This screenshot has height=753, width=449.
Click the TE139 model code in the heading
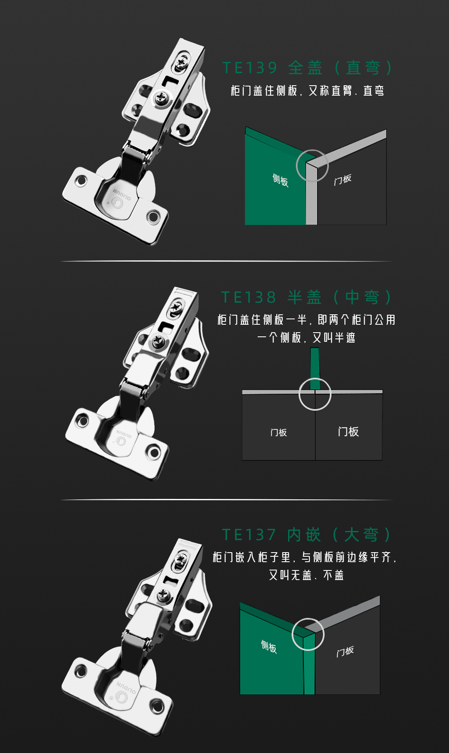tap(250, 68)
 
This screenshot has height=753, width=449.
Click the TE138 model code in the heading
tap(249, 297)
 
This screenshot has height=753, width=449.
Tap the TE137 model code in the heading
tap(249, 535)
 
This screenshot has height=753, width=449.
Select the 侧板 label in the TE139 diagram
tap(281, 180)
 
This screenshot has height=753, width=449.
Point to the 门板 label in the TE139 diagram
tap(343, 180)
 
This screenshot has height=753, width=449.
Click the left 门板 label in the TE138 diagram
tap(279, 432)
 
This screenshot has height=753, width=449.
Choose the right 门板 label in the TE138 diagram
tap(348, 432)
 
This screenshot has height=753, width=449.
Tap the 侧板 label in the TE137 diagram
tap(269, 647)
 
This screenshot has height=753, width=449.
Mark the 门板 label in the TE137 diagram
tap(345, 652)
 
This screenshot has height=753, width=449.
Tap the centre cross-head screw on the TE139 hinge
tap(161, 99)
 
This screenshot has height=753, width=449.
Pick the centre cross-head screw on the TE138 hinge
tap(158, 341)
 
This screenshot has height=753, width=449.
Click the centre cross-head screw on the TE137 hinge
tap(163, 595)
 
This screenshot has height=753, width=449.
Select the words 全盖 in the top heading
tap(305, 68)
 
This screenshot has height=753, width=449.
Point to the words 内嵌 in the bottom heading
tap(304, 535)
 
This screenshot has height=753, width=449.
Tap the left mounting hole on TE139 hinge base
tap(81, 181)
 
